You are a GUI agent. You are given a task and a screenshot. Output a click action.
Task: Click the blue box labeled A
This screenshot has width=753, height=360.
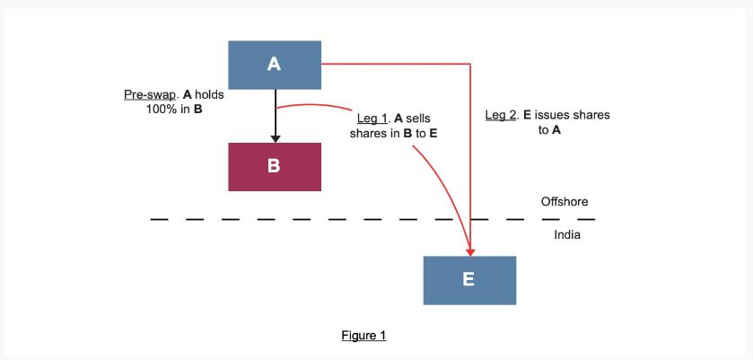click(x=275, y=65)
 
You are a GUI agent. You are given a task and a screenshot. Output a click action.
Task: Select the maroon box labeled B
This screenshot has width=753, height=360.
click(x=275, y=166)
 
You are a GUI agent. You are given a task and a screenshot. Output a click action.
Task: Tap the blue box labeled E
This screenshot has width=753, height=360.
click(x=469, y=280)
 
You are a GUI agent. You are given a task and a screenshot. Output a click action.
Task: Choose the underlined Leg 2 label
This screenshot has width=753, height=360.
click(x=501, y=116)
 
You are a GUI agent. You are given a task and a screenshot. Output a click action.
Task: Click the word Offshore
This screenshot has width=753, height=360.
click(x=565, y=202)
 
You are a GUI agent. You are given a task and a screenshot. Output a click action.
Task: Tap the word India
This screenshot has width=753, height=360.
click(x=567, y=235)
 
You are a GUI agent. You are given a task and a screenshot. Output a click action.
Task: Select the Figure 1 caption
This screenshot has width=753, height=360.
click(x=363, y=336)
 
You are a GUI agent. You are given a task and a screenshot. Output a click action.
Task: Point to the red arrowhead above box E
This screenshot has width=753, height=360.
click(x=470, y=250)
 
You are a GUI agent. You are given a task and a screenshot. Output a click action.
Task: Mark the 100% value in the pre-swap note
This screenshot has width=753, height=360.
click(x=162, y=110)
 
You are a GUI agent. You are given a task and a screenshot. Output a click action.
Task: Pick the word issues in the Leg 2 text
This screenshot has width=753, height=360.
click(x=556, y=116)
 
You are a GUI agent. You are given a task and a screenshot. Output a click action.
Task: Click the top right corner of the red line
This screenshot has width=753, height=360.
click(x=470, y=65)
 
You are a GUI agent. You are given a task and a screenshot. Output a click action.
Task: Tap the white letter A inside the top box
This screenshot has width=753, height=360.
click(x=275, y=65)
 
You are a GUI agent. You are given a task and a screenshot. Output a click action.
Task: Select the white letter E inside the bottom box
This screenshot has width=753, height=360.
click(x=469, y=280)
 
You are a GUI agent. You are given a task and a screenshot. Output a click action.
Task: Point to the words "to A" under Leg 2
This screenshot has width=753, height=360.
click(x=550, y=130)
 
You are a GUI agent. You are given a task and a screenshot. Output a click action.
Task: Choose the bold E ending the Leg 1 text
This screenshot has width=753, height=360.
click(x=433, y=133)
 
